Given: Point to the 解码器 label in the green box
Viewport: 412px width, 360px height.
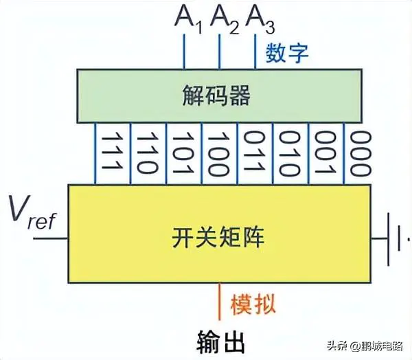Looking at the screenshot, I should pos(218,95).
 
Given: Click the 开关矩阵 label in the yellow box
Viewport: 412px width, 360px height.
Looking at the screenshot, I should pos(218,238).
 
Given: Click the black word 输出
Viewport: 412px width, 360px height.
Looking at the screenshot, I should pos(218,340).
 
